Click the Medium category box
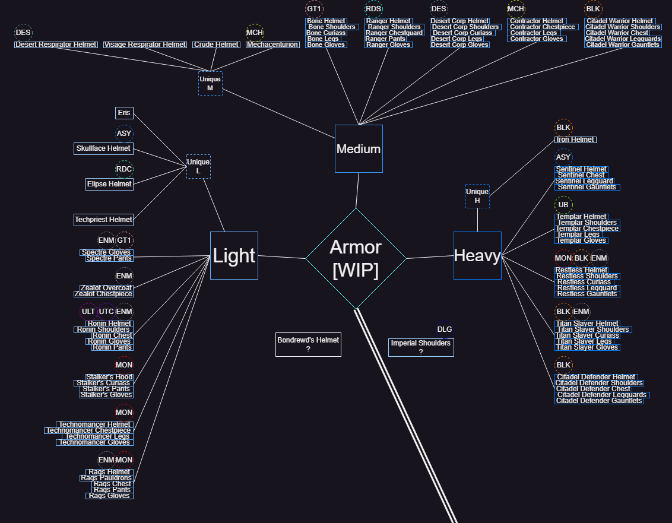(x=359, y=148)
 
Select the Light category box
(x=234, y=255)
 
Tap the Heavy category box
(x=477, y=255)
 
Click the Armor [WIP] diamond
(x=356, y=258)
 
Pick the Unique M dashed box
(x=210, y=83)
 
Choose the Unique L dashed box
(x=198, y=166)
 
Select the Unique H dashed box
(x=477, y=196)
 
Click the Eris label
(x=124, y=113)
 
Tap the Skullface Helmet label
(x=103, y=148)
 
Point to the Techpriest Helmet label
(x=103, y=220)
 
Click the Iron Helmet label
(x=575, y=140)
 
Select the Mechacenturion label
(x=272, y=45)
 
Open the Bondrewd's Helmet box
(x=308, y=344)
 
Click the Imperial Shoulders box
(x=421, y=347)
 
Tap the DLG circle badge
(x=445, y=329)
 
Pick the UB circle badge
(x=563, y=205)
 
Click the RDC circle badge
(x=124, y=169)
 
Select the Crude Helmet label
(x=216, y=45)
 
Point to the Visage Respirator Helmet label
(x=145, y=45)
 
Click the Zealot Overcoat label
(x=106, y=288)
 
